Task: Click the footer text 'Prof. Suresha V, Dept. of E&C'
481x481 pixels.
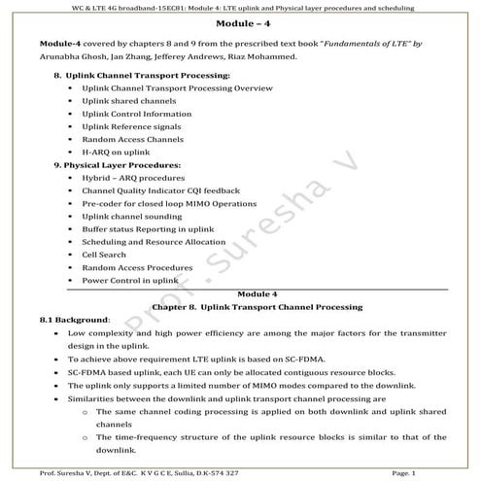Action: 107,472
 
